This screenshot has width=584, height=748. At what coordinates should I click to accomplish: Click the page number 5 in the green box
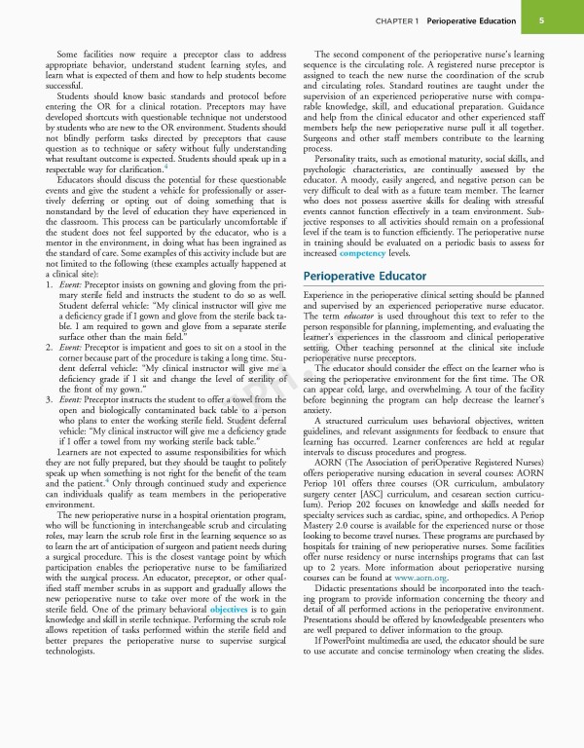point(540,19)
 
